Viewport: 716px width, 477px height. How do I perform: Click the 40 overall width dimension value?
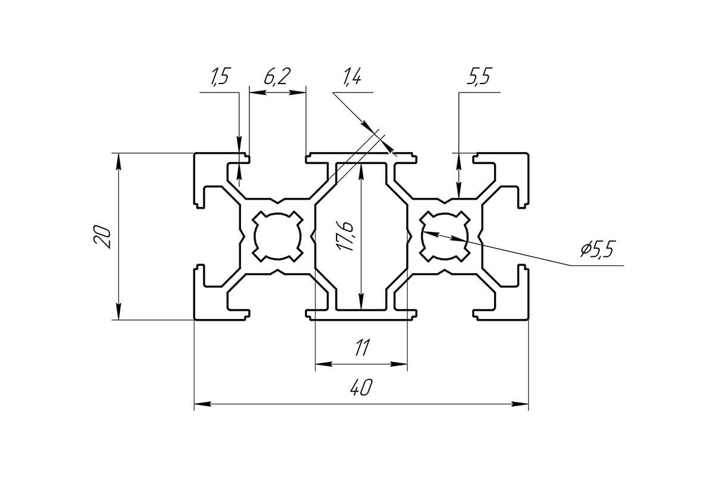(x=362, y=388)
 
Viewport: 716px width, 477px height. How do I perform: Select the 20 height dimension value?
(x=103, y=237)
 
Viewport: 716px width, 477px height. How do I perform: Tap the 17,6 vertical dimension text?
(x=348, y=236)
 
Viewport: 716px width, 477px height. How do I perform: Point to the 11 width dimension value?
(x=362, y=348)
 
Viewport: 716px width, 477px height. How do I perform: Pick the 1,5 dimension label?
(x=219, y=78)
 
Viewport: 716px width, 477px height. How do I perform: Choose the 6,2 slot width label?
(x=277, y=78)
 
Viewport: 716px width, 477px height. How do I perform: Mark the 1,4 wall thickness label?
(x=353, y=78)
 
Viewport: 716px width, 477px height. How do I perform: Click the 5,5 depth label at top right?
(x=479, y=78)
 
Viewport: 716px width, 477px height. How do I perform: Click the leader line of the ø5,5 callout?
(x=525, y=255)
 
